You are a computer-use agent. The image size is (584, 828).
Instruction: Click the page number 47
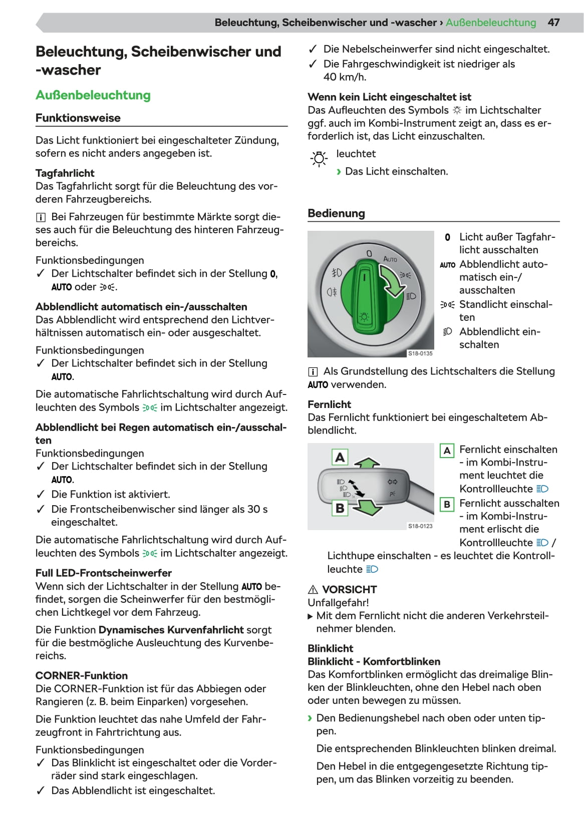[x=553, y=23]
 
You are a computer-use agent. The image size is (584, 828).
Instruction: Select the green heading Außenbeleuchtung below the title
[x=93, y=95]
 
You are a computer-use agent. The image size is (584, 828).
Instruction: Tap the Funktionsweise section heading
[x=78, y=118]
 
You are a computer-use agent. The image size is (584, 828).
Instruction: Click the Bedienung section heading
[x=336, y=213]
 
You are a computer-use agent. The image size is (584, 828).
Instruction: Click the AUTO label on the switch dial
[x=390, y=259]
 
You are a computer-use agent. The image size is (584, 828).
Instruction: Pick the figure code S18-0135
[x=420, y=353]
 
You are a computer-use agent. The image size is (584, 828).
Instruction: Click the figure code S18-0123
[x=420, y=526]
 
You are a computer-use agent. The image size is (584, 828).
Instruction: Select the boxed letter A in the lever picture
[x=340, y=458]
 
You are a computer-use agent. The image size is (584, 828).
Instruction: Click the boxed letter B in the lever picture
[x=340, y=508]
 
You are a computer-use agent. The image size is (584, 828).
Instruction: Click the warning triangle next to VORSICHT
[x=313, y=590]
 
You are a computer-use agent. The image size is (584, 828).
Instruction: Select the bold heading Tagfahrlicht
[x=65, y=173]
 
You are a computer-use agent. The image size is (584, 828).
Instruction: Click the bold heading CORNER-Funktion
[x=81, y=676]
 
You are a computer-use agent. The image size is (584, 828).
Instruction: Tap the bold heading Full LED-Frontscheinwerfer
[x=103, y=573]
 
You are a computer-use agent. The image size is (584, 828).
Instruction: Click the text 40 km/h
[x=345, y=77]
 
